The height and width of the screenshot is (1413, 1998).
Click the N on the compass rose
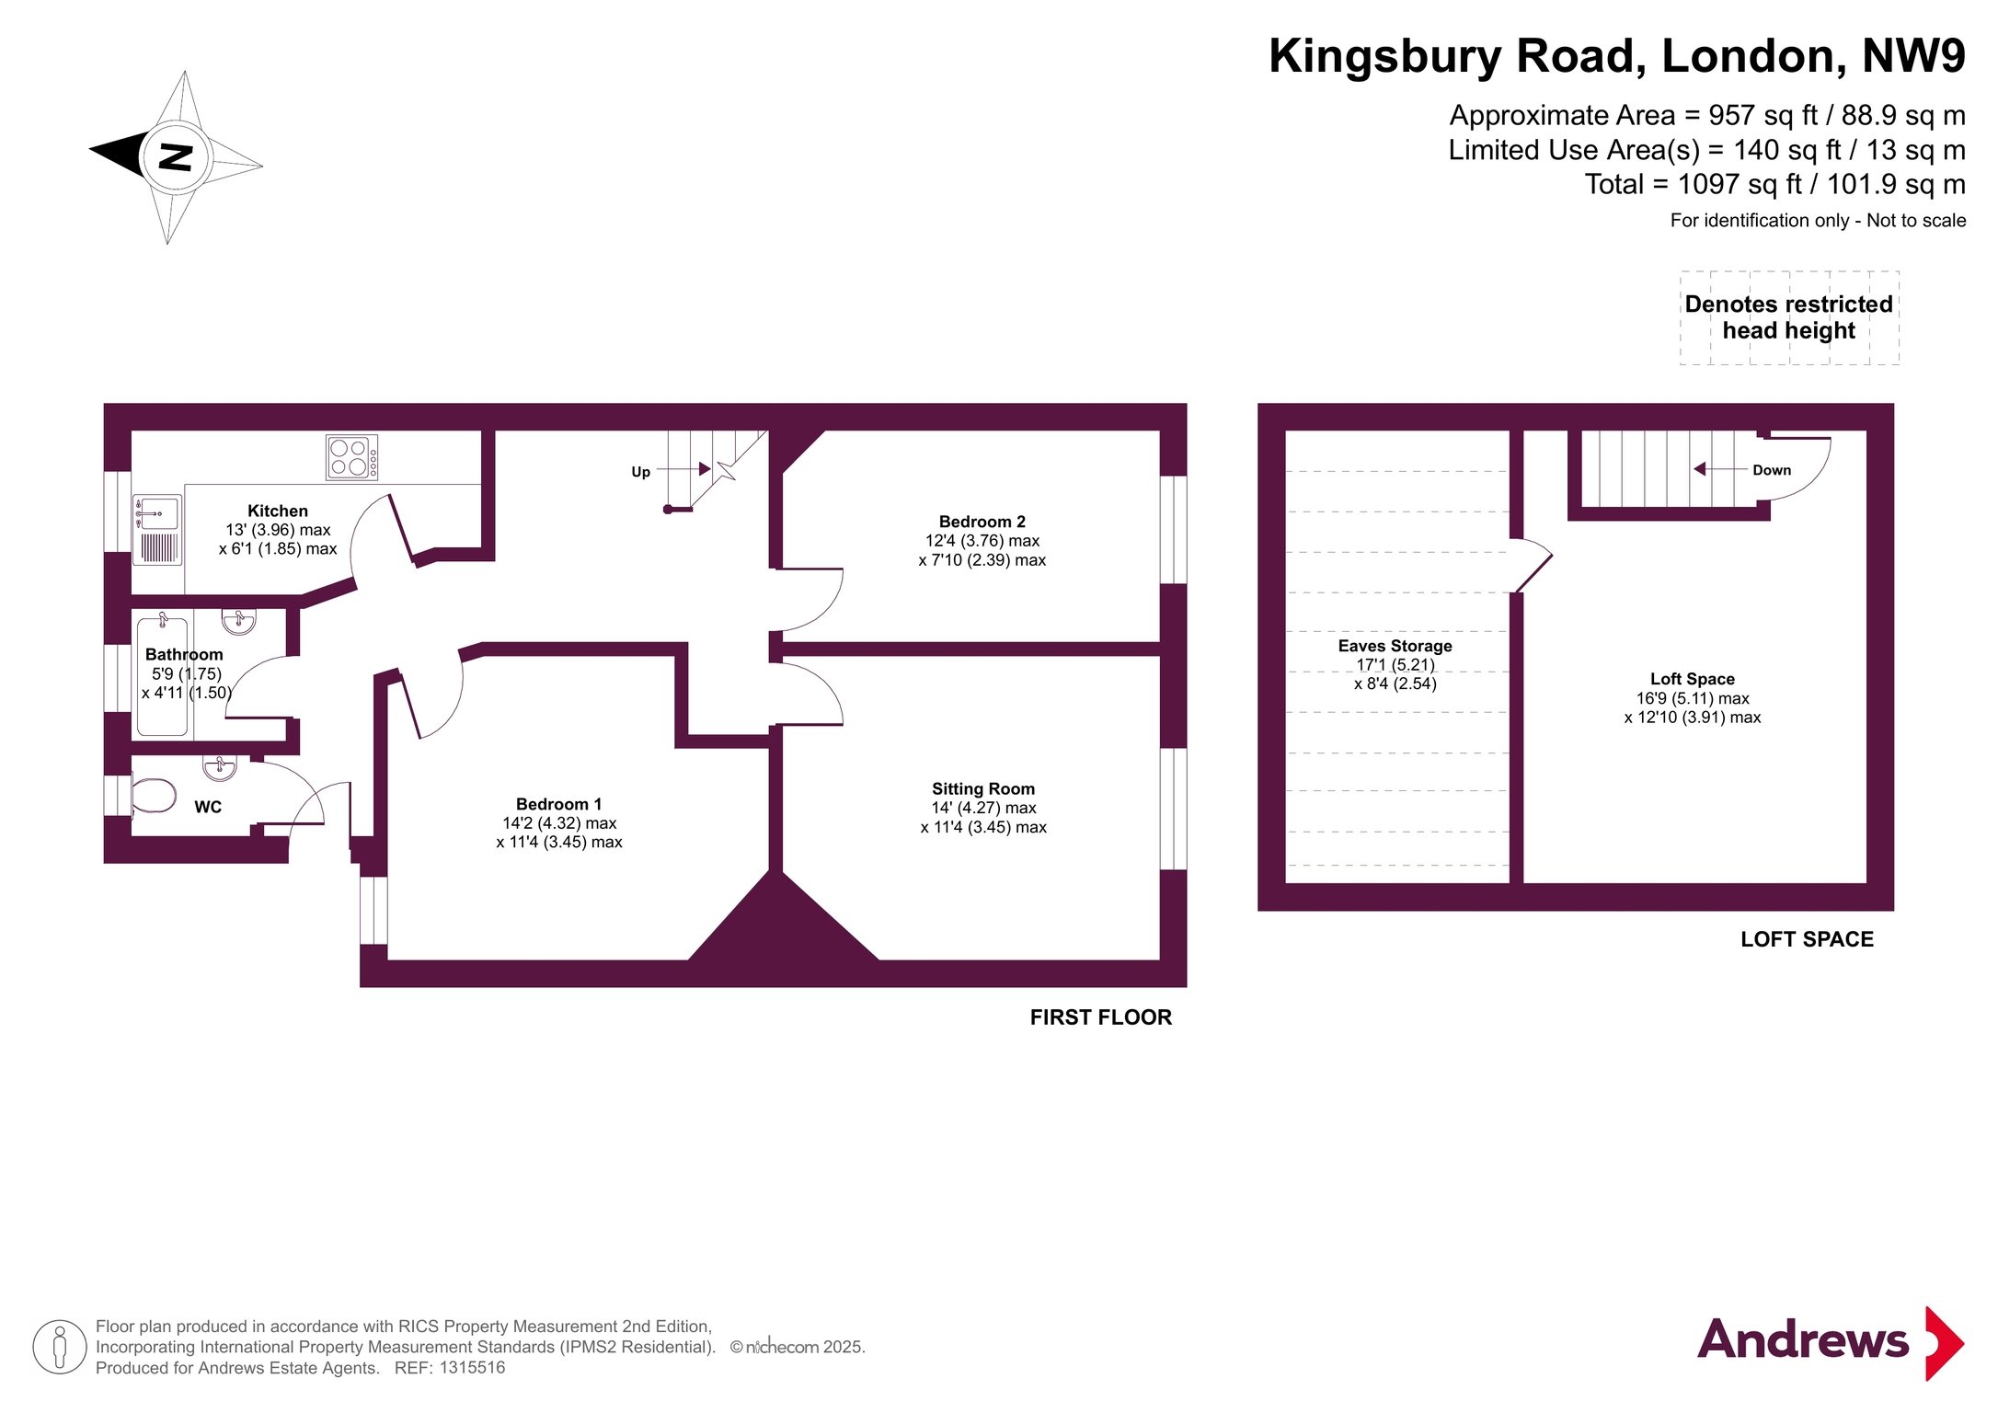175,157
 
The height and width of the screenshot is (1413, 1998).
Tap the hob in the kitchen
351,457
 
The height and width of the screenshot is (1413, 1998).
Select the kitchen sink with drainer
157,530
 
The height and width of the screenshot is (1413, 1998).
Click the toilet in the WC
153,796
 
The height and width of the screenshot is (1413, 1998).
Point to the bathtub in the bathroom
162,677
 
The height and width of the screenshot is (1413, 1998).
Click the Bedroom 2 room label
982,522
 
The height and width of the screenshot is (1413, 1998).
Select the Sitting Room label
982,788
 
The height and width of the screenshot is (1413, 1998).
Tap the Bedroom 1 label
558,804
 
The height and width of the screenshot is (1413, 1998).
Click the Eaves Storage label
1395,646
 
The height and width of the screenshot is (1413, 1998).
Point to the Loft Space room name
1692,679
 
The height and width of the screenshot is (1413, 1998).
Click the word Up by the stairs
640,472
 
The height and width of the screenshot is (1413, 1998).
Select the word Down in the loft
1771,470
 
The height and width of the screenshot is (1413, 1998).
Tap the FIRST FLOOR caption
1100,1017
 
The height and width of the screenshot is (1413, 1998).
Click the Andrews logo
1831,1342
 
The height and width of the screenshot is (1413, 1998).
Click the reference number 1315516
472,1368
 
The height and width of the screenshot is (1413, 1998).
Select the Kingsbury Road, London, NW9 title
1616,56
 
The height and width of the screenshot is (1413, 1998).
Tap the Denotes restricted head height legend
1788,317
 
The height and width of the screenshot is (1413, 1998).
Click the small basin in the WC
219,765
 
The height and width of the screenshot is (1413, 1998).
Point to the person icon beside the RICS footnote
60,1347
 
